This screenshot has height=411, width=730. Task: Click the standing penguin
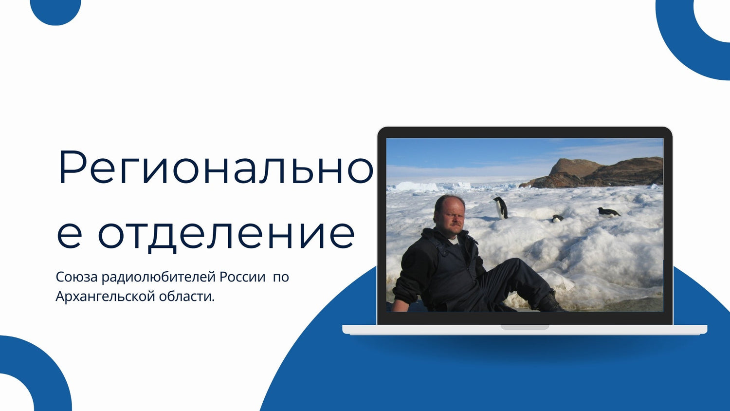click(x=501, y=208)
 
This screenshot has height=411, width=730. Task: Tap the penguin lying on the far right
click(x=608, y=212)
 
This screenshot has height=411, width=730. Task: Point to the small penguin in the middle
click(x=557, y=218)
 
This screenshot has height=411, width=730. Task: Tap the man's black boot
click(x=550, y=302)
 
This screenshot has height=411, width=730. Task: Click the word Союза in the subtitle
click(x=76, y=277)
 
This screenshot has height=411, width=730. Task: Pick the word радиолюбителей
click(x=159, y=277)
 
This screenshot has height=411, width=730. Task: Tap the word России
click(x=242, y=277)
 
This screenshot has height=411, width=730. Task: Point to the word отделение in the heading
click(x=226, y=234)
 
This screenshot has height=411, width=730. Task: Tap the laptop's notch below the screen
click(x=525, y=327)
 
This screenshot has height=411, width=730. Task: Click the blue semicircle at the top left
click(x=55, y=11)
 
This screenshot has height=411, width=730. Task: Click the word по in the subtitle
click(x=281, y=277)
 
